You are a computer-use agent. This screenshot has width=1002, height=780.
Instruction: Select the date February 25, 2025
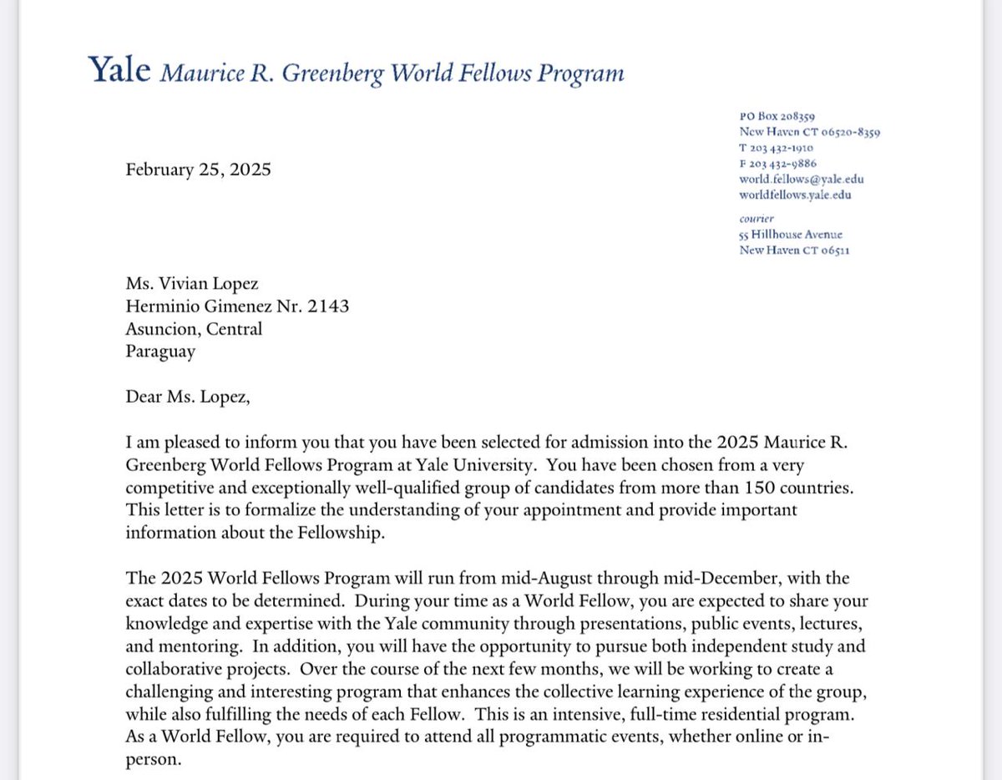[x=198, y=170]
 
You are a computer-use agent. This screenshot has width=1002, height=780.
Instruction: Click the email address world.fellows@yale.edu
[x=794, y=180]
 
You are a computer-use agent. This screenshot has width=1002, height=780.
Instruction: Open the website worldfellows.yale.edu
[x=795, y=195]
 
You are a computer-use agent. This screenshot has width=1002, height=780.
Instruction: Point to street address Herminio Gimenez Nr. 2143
[x=237, y=306]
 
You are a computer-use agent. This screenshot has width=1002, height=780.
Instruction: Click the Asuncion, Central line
[x=194, y=328]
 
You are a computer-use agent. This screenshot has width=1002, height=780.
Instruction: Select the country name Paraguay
[x=160, y=351]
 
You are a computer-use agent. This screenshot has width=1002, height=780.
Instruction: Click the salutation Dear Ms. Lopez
[x=188, y=395]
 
